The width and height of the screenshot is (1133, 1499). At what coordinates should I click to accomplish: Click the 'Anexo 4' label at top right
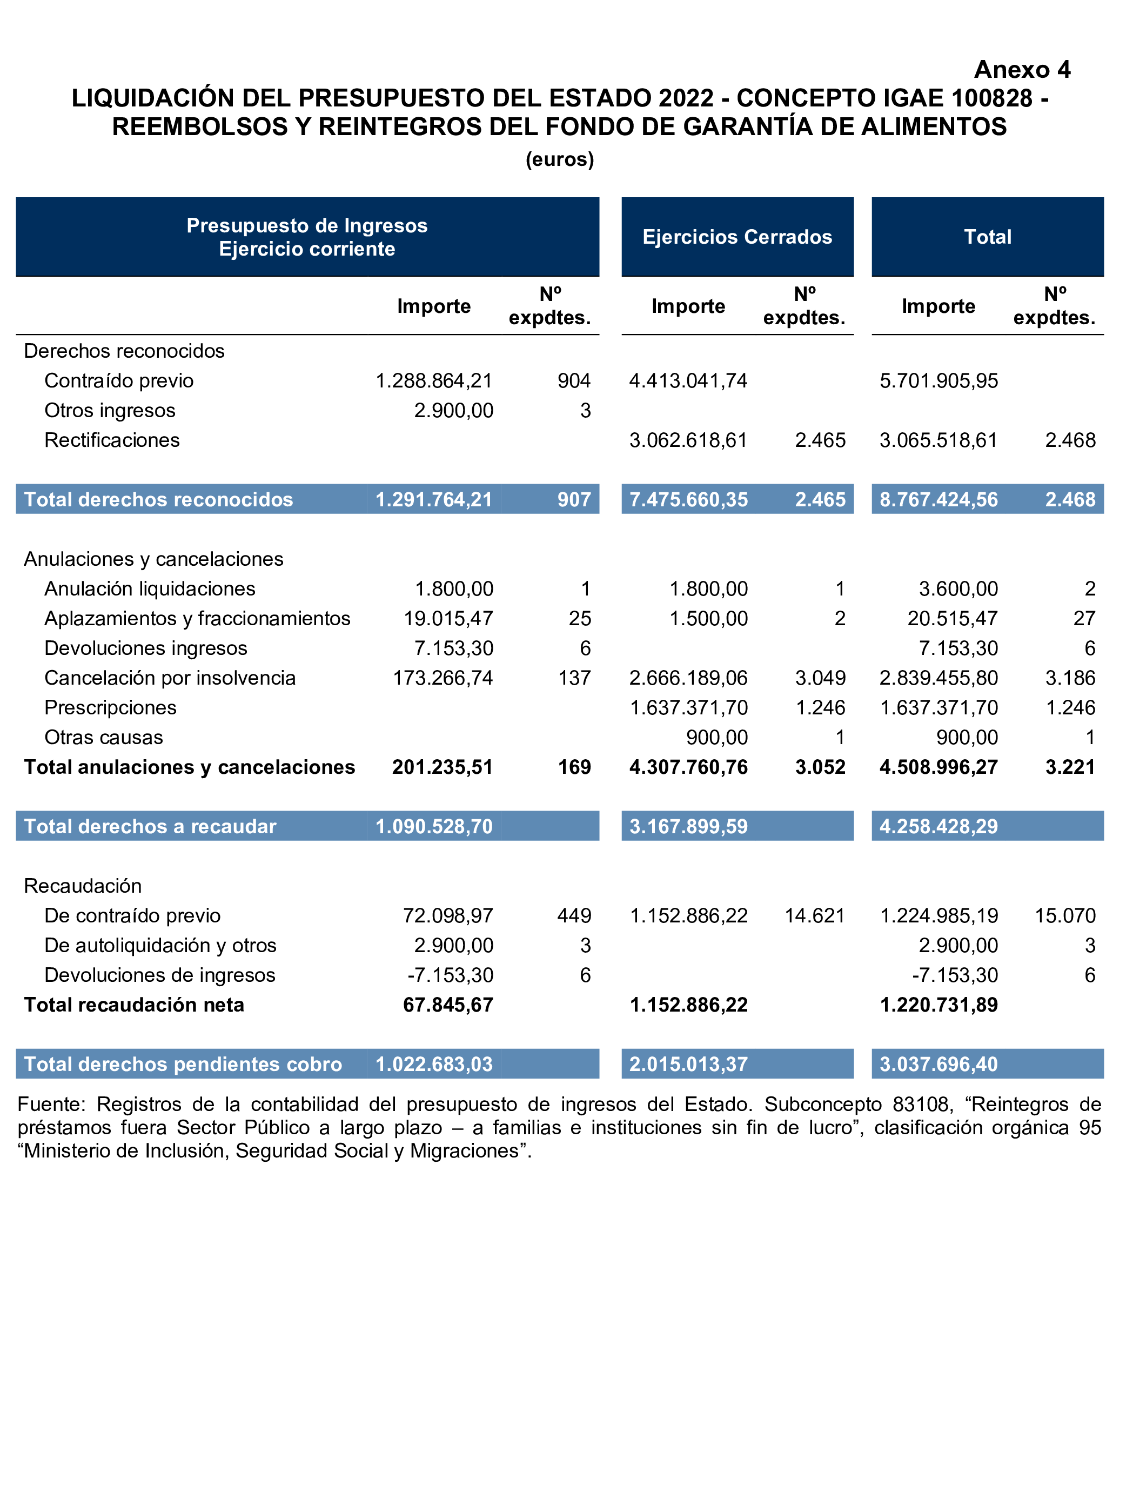[x=1022, y=70]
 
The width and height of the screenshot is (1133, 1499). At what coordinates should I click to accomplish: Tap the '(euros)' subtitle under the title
[x=560, y=159]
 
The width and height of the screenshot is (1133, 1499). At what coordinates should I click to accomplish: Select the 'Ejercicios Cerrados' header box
[x=738, y=237]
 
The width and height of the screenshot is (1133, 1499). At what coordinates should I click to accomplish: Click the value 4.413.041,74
[x=688, y=381]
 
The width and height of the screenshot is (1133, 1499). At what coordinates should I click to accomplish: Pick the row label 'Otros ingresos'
[x=110, y=411]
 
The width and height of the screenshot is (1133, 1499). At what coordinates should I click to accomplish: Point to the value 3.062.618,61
[x=688, y=440]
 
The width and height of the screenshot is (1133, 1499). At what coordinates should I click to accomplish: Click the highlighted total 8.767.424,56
[x=938, y=499]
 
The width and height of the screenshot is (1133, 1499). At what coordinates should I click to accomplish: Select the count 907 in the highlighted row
[x=574, y=499]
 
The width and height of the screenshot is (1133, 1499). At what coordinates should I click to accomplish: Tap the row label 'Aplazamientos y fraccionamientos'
[x=197, y=619]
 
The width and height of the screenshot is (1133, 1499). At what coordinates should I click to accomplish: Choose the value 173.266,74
[x=443, y=678]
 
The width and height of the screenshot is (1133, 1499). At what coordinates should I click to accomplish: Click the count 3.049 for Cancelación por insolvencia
[x=820, y=678]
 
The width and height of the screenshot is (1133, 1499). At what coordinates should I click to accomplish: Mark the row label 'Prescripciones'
[x=110, y=708]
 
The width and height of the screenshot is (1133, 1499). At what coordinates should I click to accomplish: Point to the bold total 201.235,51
[x=443, y=767]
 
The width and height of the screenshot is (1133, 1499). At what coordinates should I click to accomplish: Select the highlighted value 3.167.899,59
[x=688, y=827]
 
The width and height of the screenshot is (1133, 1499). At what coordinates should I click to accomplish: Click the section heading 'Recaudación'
[x=83, y=886]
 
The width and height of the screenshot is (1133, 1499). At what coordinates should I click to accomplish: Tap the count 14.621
[x=815, y=916]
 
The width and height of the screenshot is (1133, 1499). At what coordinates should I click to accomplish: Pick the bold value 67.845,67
[x=448, y=1005]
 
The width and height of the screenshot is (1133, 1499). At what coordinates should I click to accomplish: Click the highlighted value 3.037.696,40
[x=938, y=1065]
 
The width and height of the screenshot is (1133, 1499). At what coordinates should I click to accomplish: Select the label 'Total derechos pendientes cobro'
[x=183, y=1065]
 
